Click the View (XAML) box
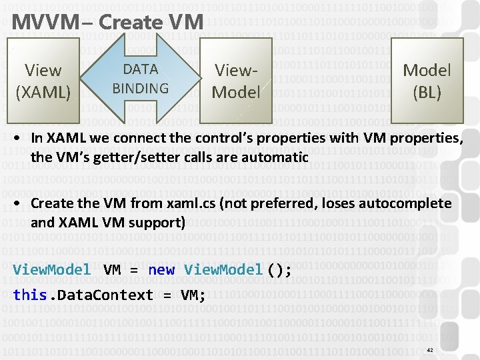click(x=43, y=81)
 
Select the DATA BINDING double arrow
click(x=140, y=79)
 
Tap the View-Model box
click(x=235, y=81)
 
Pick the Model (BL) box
click(x=427, y=81)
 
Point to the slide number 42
click(x=430, y=350)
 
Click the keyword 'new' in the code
click(x=161, y=270)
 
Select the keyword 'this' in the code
click(x=29, y=295)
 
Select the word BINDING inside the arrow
click(x=140, y=88)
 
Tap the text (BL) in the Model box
click(x=427, y=93)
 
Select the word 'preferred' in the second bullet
click(x=285, y=203)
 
